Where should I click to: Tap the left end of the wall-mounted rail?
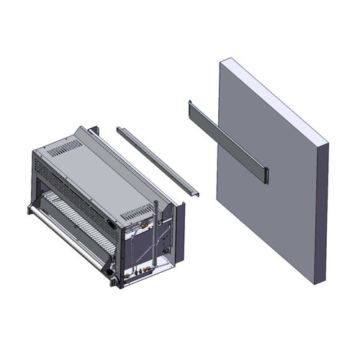pyautogui.click(x=189, y=108)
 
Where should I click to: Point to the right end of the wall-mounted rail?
pyautogui.click(x=264, y=174)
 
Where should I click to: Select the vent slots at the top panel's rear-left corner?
pyautogui.click(x=67, y=148)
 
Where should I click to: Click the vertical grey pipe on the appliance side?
pyautogui.click(x=155, y=230)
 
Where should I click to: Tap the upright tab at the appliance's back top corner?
pyautogui.click(x=94, y=134)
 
